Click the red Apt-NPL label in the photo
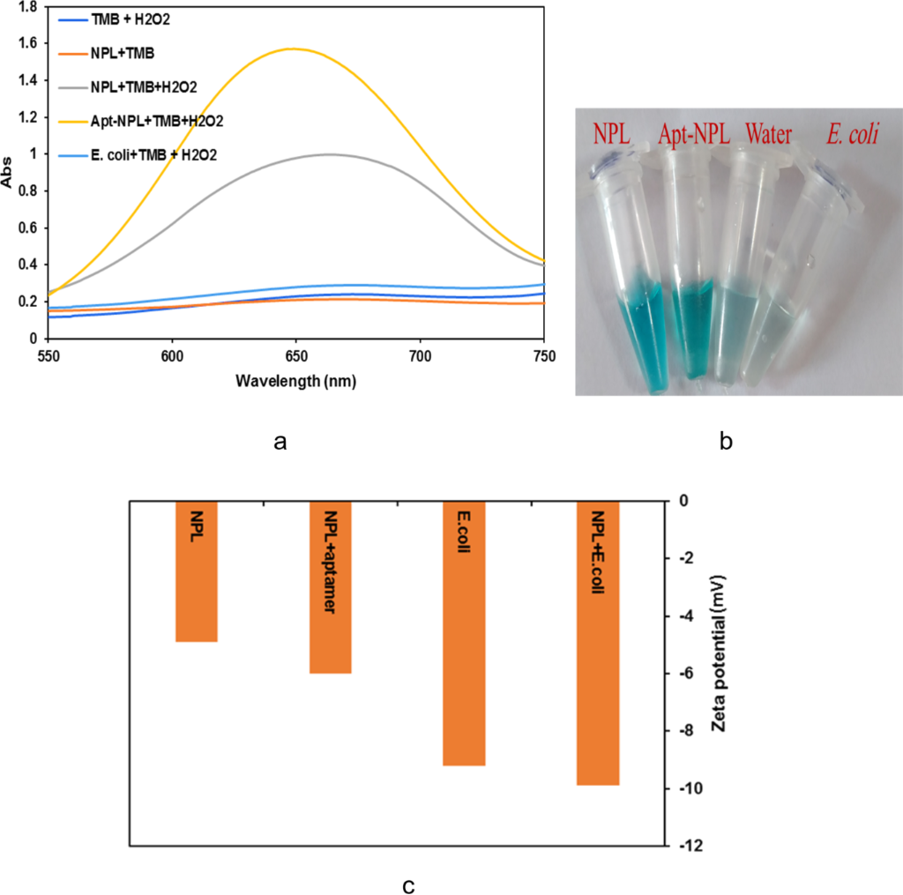(x=694, y=135)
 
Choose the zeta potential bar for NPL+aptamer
(x=331, y=586)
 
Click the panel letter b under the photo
(x=726, y=442)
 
